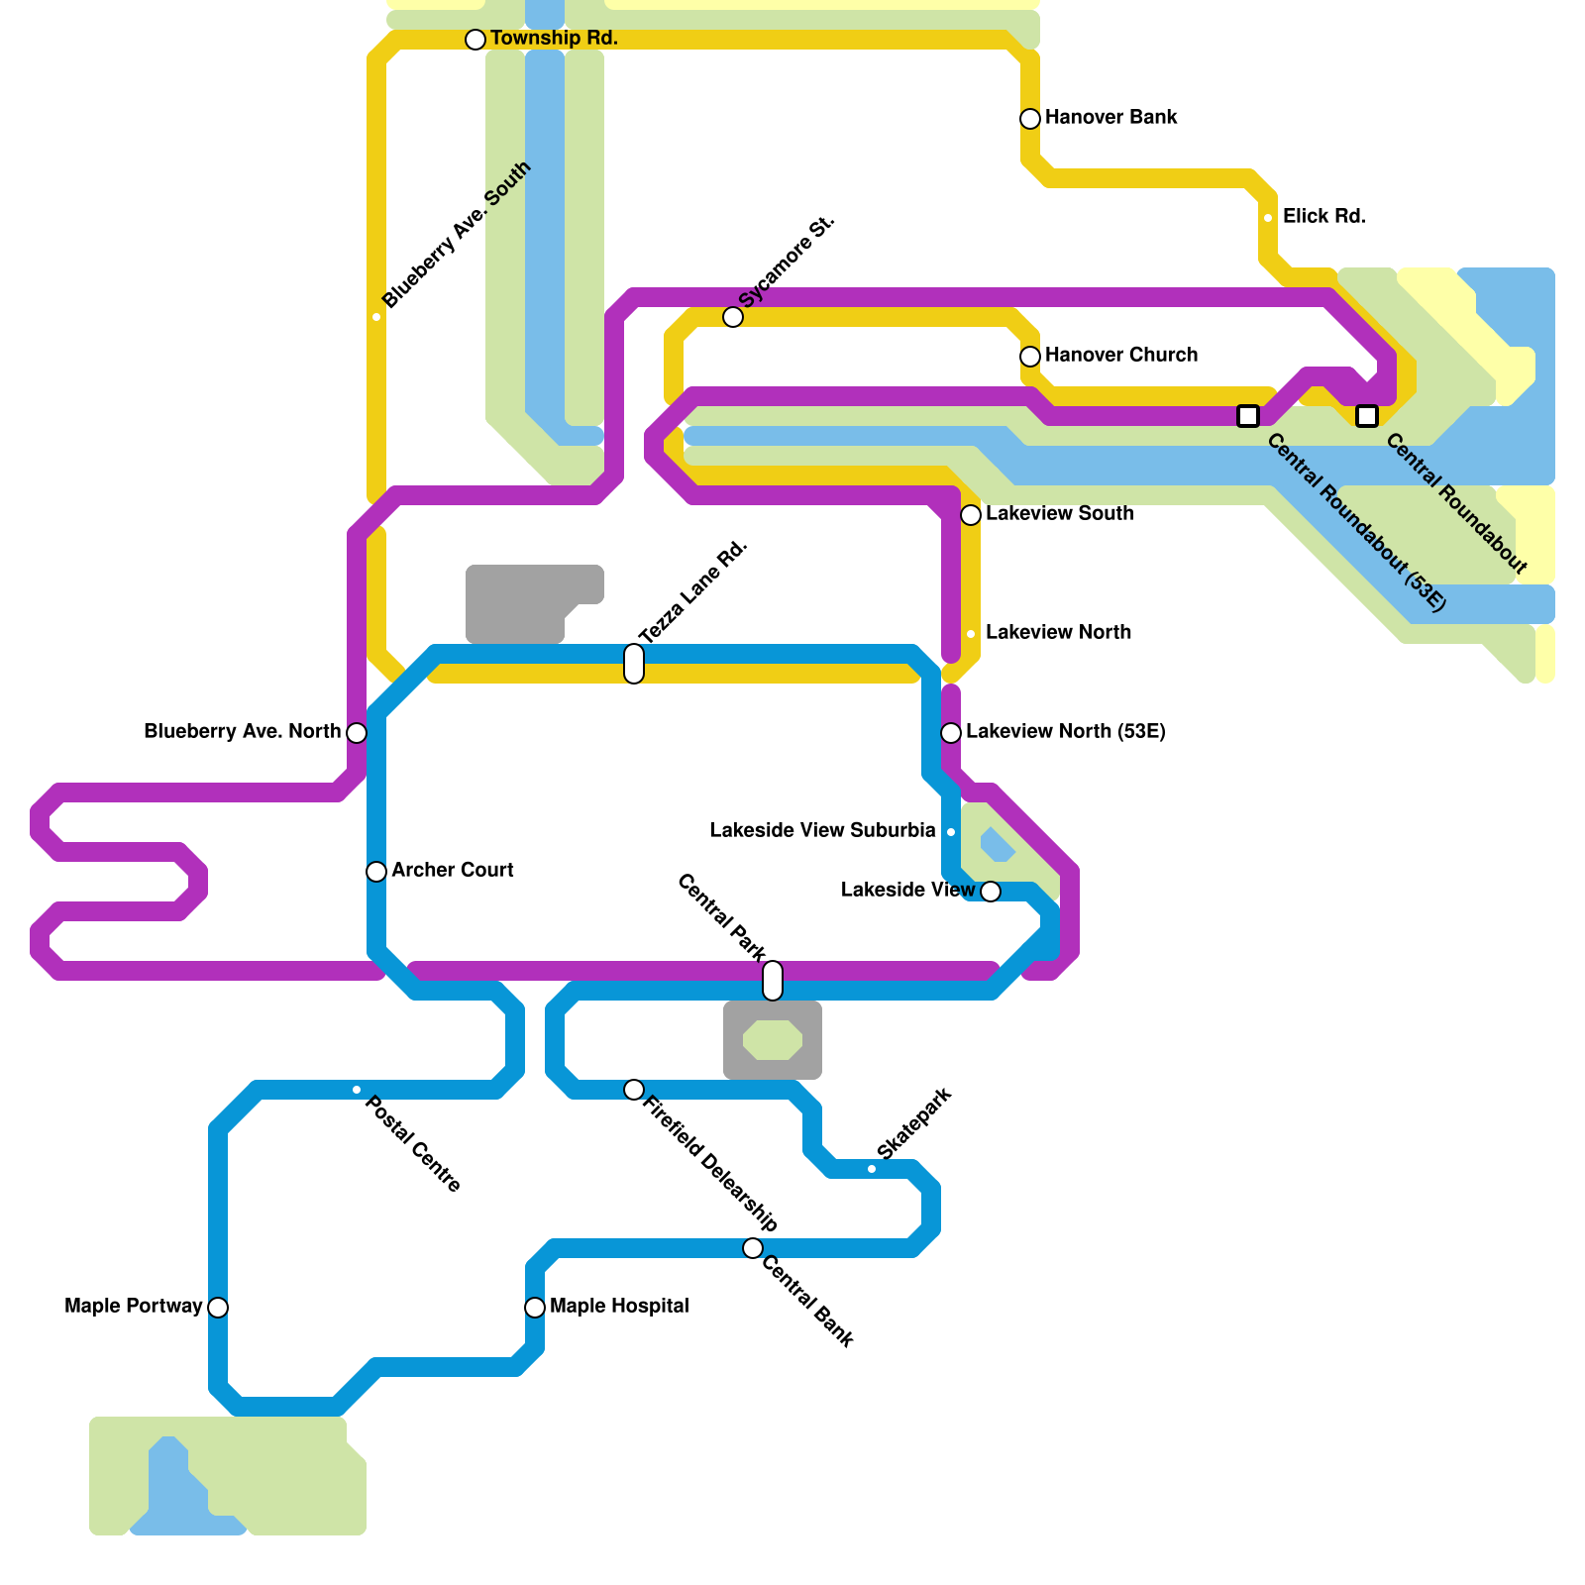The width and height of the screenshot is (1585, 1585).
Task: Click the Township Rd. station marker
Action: tap(475, 40)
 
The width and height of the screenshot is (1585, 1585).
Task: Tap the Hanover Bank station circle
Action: tap(1030, 119)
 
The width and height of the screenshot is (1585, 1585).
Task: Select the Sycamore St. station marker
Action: tap(733, 317)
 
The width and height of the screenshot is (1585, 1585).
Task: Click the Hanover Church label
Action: tap(1120, 355)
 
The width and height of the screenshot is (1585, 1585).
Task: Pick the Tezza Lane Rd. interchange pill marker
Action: tap(634, 664)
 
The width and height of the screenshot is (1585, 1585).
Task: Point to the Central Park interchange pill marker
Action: tap(773, 981)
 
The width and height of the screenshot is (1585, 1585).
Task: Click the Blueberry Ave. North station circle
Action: tap(357, 733)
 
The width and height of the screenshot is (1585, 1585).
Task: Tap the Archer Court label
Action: tap(452, 870)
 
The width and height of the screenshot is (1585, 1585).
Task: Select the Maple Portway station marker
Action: tap(218, 1308)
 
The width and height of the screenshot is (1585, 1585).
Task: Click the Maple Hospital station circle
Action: tap(535, 1308)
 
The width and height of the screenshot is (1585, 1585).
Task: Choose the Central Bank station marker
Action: tap(753, 1248)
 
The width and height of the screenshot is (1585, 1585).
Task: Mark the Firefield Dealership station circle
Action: tap(634, 1090)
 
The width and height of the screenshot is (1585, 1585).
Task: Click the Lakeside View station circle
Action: tap(991, 892)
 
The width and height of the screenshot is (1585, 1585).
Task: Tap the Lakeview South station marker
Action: tap(971, 515)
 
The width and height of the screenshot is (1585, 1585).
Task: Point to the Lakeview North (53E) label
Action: tap(1065, 731)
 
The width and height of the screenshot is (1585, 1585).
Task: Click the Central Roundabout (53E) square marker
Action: tap(1248, 416)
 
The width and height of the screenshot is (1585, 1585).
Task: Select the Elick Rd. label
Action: tap(1323, 216)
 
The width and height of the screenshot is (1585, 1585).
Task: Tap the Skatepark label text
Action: tap(914, 1123)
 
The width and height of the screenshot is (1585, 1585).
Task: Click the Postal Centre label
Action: tap(412, 1143)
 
